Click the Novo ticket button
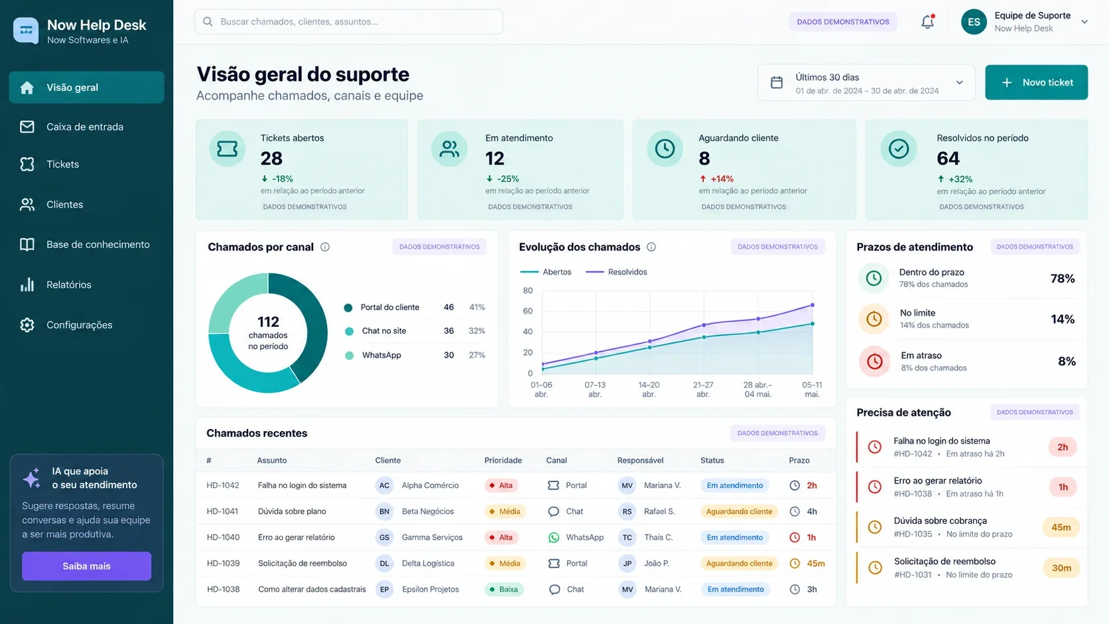(x=1036, y=82)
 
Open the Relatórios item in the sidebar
(x=69, y=284)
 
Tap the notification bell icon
(x=927, y=22)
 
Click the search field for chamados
(x=348, y=22)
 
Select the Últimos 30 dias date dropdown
(x=866, y=83)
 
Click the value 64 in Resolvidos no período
(x=948, y=158)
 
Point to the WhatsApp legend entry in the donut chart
(x=381, y=355)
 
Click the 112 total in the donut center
(x=269, y=322)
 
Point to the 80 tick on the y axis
(x=528, y=290)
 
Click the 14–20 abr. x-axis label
(x=649, y=389)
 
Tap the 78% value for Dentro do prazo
(x=1063, y=279)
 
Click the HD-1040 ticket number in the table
(x=224, y=537)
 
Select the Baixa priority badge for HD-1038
(x=504, y=589)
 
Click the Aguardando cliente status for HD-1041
(x=739, y=511)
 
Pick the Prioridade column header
(x=503, y=460)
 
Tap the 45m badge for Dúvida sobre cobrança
(x=1061, y=527)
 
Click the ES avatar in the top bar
(x=974, y=22)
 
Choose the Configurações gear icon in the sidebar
(x=27, y=325)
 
